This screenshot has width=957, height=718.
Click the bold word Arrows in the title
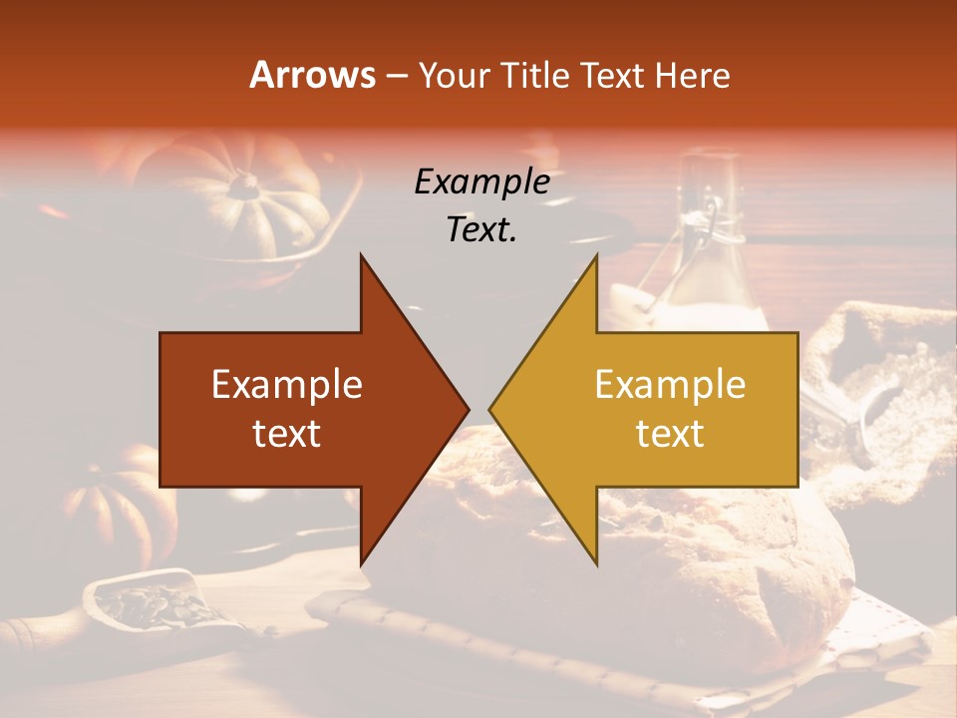(312, 75)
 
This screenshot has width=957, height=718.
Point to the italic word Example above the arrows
(481, 181)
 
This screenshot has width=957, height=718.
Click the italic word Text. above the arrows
(481, 229)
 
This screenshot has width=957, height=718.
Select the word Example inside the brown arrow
(287, 384)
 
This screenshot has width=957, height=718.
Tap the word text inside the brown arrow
(287, 433)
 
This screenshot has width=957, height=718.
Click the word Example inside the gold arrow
(670, 384)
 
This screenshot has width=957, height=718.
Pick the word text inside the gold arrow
(670, 433)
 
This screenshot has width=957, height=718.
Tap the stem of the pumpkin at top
(243, 182)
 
